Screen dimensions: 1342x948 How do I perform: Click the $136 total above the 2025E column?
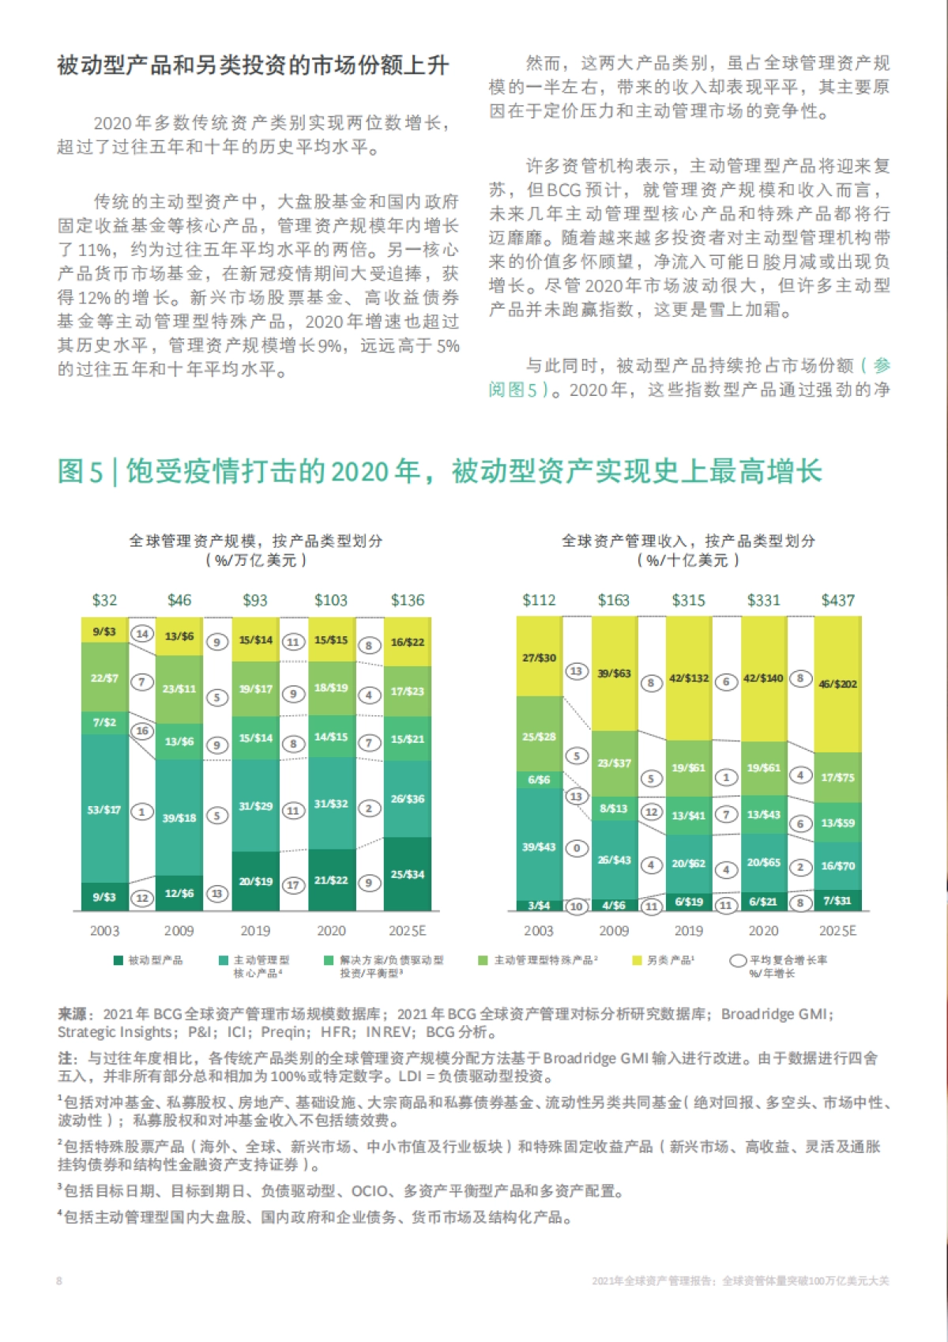(x=407, y=601)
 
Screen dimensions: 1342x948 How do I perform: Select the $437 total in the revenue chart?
(x=837, y=601)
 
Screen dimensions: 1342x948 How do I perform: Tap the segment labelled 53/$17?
(x=104, y=810)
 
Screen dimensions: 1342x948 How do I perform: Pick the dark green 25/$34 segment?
(x=408, y=874)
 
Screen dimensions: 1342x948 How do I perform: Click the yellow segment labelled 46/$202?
(x=838, y=684)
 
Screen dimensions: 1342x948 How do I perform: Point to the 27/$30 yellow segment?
(x=539, y=658)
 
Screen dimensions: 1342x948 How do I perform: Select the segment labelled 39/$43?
(x=539, y=846)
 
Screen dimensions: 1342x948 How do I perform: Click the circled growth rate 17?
(x=293, y=885)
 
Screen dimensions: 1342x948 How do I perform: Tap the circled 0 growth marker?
(x=577, y=848)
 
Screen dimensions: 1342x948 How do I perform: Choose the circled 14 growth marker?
(x=142, y=634)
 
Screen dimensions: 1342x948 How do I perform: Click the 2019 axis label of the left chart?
(x=255, y=931)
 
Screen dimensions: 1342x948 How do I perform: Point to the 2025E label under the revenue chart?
(x=837, y=931)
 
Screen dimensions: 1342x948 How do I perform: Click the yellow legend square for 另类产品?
(x=637, y=960)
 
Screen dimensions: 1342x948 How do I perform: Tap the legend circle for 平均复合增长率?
(x=738, y=960)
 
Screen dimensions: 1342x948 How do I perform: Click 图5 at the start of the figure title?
(x=80, y=472)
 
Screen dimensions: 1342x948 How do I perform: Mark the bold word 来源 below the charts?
(x=73, y=1014)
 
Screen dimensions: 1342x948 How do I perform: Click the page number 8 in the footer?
(x=59, y=1281)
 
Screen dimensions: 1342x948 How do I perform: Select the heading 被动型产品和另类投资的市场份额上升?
(x=253, y=66)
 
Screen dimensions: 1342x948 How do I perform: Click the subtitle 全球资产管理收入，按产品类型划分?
(x=688, y=541)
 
